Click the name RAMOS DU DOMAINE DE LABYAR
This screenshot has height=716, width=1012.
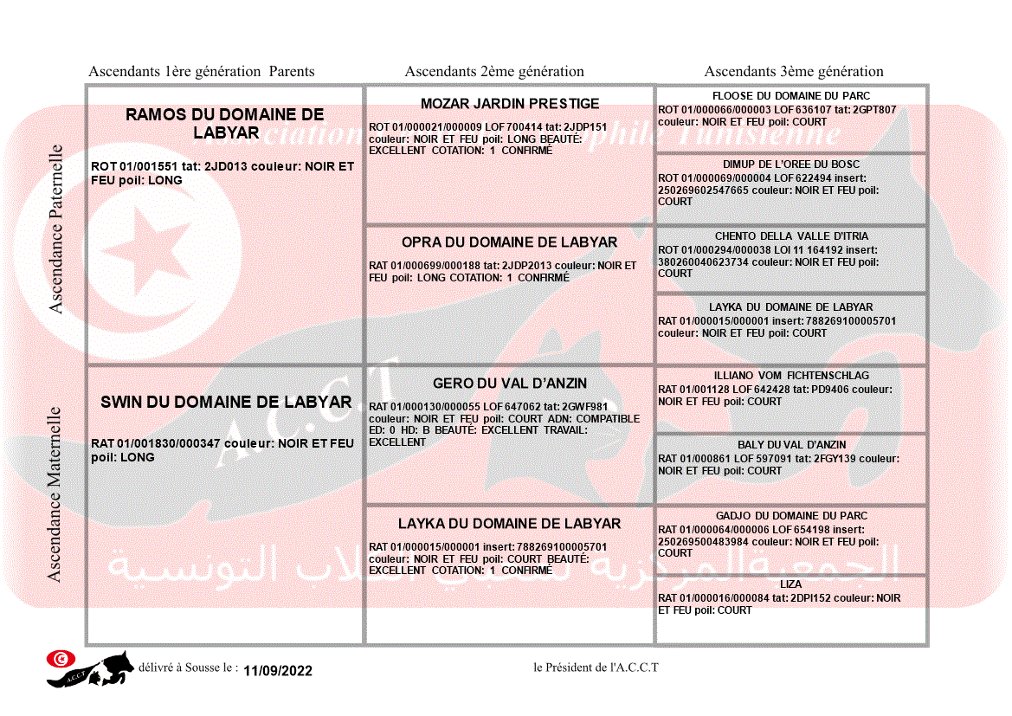[224, 123]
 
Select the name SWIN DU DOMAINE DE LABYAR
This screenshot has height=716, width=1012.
[226, 402]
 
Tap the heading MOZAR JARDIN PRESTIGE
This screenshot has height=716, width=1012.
[510, 104]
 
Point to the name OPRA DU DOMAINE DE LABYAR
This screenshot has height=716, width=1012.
[509, 242]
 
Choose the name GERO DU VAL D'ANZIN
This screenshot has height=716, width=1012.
[510, 384]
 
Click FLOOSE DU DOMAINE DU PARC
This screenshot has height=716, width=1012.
[791, 96]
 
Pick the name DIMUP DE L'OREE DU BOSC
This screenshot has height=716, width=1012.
[791, 164]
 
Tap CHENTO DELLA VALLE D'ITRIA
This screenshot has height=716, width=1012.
[791, 236]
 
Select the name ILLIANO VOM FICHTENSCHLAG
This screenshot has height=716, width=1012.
[791, 376]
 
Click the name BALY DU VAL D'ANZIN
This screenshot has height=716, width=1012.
[791, 445]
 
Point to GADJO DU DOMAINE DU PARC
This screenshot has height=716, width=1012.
[791, 516]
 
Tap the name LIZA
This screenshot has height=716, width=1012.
[790, 585]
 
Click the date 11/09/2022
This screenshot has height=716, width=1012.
[278, 671]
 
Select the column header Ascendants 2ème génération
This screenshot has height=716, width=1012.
[494, 72]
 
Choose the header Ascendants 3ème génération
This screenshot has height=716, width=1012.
[794, 72]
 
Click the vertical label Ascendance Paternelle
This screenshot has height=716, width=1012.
[56, 229]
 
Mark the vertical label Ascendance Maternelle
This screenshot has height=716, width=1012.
[55, 494]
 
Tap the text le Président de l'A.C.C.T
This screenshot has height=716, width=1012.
[596, 668]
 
